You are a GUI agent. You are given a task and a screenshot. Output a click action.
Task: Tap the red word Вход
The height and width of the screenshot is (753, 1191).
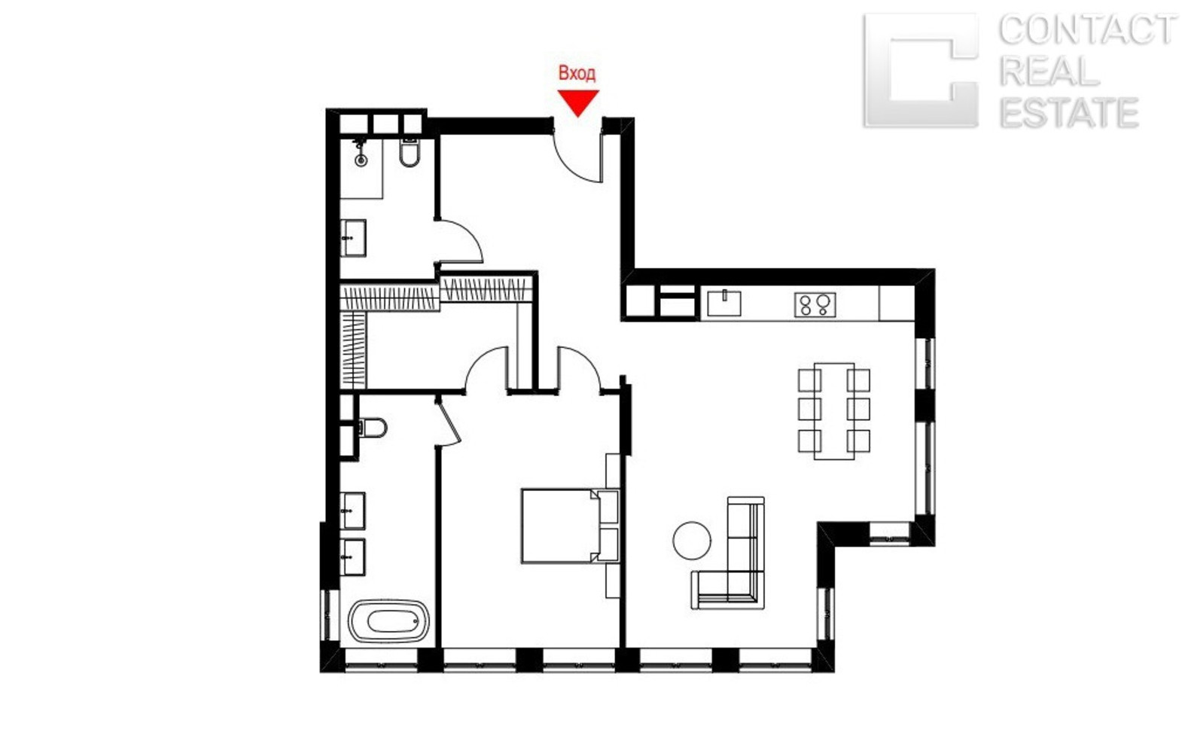(577, 73)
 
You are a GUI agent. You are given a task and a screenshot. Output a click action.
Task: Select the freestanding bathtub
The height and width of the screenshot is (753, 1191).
(389, 620)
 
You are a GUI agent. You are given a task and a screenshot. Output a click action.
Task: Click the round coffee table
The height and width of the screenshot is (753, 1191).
(692, 541)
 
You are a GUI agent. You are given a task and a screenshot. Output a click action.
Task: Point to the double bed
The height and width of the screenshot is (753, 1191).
(570, 526)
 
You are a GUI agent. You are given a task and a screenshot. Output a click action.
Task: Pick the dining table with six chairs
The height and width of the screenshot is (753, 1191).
(833, 411)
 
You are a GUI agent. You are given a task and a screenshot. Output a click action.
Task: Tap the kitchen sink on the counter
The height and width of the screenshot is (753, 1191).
(723, 303)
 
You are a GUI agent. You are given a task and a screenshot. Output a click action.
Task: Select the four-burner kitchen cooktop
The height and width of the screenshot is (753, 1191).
(815, 305)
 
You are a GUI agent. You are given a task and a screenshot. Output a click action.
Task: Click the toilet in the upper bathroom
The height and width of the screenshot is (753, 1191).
(409, 152)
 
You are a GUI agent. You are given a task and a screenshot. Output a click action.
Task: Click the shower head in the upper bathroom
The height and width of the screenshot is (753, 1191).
(361, 153)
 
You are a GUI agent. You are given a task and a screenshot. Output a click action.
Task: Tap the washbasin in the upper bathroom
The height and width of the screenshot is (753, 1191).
(353, 238)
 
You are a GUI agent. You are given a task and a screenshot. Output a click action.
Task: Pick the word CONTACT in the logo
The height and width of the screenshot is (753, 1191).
(1086, 30)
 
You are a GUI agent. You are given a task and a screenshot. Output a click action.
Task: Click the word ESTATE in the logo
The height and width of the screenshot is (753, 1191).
(1069, 113)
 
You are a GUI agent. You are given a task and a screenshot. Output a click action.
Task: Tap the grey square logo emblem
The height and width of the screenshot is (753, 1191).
(921, 70)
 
